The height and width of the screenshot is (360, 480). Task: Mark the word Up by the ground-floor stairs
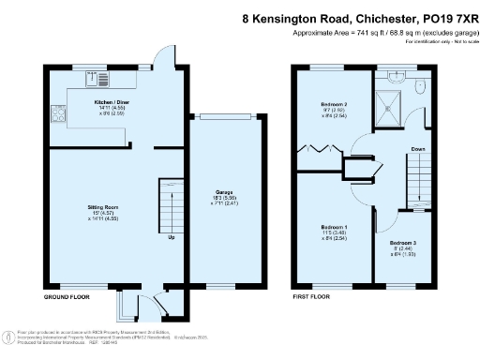click(x=171, y=237)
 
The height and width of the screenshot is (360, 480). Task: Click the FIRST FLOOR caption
click(x=313, y=296)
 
